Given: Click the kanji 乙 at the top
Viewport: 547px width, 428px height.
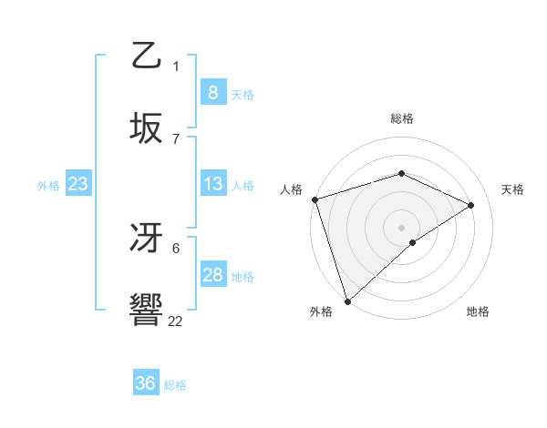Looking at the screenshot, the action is tap(147, 56).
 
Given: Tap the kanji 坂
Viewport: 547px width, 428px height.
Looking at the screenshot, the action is tap(147, 127).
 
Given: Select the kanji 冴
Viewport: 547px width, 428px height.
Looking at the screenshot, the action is tap(147, 239).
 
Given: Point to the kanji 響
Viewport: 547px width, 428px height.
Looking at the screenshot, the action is tap(147, 310).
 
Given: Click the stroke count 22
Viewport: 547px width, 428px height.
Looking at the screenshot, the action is tap(175, 321).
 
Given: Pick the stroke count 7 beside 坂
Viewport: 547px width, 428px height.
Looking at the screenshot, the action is tap(176, 138).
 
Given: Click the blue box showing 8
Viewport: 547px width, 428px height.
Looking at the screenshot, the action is tap(212, 92).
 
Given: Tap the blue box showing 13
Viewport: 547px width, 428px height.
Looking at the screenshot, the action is tap(212, 184).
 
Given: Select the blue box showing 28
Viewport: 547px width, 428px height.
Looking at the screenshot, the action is tap(212, 275).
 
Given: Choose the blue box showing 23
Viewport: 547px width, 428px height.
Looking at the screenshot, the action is tap(78, 184).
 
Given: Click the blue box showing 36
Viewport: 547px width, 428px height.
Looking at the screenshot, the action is tap(145, 383).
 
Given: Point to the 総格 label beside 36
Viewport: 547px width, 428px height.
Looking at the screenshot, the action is tap(175, 385).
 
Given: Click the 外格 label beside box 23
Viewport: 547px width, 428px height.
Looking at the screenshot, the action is tap(48, 186).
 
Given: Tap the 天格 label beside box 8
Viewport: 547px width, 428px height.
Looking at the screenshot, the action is tap(243, 94).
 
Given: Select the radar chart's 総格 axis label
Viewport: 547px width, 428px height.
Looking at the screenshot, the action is tap(401, 118).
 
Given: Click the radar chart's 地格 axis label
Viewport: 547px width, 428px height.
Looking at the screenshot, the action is tap(478, 312).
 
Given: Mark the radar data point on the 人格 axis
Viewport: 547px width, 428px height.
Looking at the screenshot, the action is tap(315, 199).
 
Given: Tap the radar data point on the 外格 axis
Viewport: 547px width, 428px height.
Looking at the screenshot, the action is tap(347, 301).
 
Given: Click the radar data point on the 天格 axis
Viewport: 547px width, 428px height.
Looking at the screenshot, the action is tap(471, 205).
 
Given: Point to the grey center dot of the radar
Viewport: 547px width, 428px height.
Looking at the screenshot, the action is tap(401, 227).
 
